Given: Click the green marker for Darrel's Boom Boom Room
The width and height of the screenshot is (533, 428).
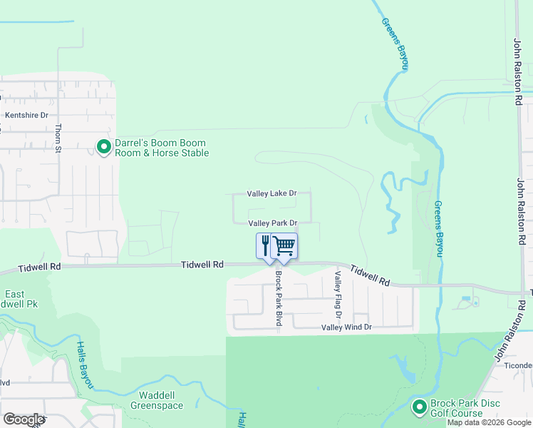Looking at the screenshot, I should pyautogui.click(x=104, y=147).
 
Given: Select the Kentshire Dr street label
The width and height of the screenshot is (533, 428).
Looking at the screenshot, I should pyautogui.click(x=26, y=115).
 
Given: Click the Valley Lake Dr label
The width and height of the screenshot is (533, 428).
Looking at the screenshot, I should pyautogui.click(x=271, y=193).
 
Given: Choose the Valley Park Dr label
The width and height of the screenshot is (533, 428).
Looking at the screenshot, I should pyautogui.click(x=271, y=223).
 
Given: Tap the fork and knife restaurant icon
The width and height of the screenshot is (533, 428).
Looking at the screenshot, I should pyautogui.click(x=266, y=245).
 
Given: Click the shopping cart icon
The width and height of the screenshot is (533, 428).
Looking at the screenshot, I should pyautogui.click(x=284, y=245).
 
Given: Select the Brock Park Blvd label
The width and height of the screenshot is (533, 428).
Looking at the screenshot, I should pyautogui.click(x=279, y=299).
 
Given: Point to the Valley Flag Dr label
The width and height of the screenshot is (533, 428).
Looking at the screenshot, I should pyautogui.click(x=338, y=295).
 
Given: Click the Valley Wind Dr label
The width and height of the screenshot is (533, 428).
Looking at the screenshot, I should pyautogui.click(x=346, y=327).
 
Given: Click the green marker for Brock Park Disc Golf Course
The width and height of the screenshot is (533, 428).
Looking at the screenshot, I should pyautogui.click(x=419, y=407).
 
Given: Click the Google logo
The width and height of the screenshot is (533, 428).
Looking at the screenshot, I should pyautogui.click(x=24, y=419).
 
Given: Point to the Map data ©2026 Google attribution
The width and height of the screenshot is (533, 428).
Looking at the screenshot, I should pyautogui.click(x=489, y=422).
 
